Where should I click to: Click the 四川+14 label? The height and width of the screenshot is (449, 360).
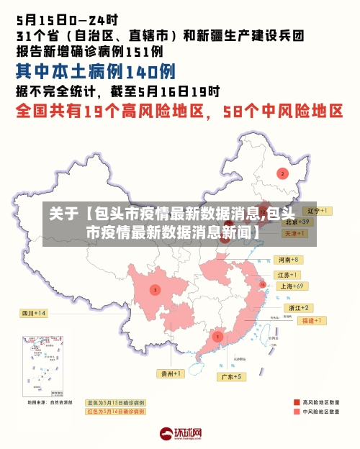[x=33, y=313]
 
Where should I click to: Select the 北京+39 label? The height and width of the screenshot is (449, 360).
[x=297, y=222]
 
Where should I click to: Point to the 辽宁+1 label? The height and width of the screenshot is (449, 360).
[x=316, y=211]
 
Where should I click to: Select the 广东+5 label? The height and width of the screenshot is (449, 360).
[x=233, y=376]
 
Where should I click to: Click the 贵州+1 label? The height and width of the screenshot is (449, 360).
[x=171, y=373]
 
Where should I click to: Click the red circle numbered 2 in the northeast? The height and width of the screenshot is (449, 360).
[x=282, y=173]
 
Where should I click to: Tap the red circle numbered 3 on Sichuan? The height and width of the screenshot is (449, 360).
[x=155, y=289]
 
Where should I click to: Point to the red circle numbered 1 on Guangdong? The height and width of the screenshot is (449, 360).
[x=217, y=336]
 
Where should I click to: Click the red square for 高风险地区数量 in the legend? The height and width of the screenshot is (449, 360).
[x=297, y=402]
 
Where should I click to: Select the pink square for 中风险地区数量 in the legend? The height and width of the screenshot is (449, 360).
[x=297, y=412]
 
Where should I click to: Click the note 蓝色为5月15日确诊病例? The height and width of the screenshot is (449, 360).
[x=115, y=402]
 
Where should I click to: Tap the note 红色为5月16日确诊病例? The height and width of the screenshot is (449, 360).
[x=115, y=412]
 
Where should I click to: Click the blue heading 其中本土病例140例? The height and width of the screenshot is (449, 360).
[x=95, y=71]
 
